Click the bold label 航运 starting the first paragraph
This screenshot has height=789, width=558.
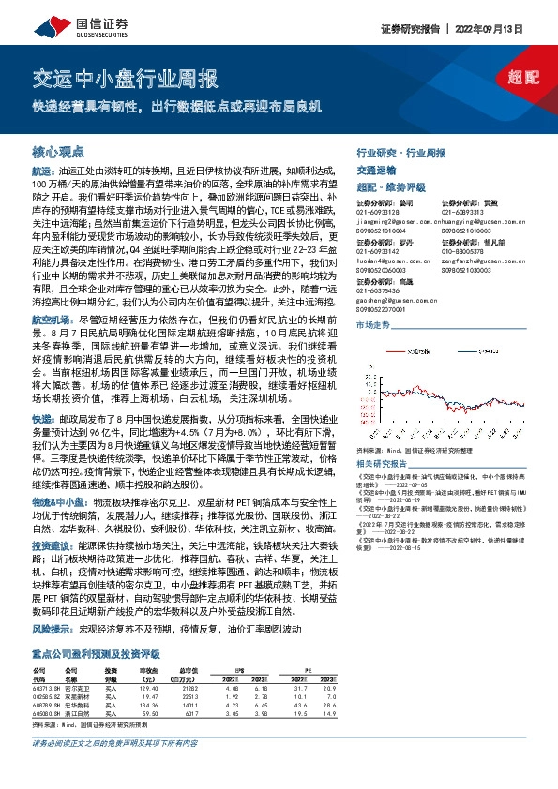pyautogui.click(x=43, y=172)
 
